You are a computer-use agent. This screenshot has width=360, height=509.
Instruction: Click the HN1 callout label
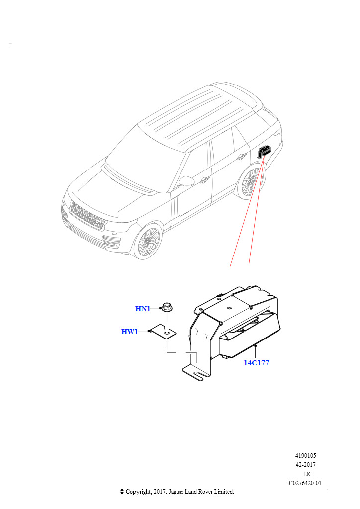point(143,308)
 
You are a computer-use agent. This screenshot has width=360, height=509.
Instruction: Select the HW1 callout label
point(129,332)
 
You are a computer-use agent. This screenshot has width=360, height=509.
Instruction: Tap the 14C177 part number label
point(256,363)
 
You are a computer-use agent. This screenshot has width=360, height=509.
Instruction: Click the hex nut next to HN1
point(167,307)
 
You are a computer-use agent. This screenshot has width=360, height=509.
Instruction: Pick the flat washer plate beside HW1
point(164,332)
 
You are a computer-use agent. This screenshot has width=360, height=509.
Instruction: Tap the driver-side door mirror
point(186,181)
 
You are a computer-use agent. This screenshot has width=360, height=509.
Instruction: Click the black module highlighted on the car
point(265,151)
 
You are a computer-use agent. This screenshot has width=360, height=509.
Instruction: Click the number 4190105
point(305,455)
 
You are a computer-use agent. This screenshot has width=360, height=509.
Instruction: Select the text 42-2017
point(305,465)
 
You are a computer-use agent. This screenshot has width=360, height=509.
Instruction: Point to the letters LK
point(307,474)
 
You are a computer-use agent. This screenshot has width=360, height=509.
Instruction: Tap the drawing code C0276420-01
point(305,483)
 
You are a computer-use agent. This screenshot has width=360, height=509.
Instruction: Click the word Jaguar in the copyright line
point(176,492)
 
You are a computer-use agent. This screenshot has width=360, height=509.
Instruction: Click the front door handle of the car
point(204,179)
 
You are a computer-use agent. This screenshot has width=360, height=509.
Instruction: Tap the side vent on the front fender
point(176,208)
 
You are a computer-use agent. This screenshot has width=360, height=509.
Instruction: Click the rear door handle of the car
point(241,157)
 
